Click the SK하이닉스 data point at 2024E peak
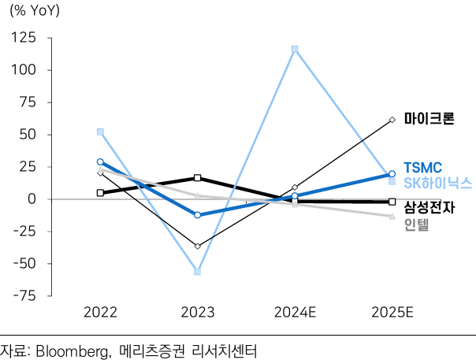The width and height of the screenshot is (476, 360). click(295, 50)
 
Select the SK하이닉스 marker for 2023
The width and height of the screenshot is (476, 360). click(197, 271)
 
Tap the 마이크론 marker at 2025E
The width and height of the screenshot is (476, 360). click(392, 120)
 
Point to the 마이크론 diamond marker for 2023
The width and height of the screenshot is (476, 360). click(197, 247)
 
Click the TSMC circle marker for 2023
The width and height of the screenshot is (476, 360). click(197, 215)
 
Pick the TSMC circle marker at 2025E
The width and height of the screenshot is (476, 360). click(392, 174)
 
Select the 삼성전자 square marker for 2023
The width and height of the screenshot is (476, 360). click(197, 178)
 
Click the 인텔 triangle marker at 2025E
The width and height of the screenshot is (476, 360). click(392, 216)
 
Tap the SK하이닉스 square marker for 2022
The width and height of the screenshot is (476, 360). click(100, 132)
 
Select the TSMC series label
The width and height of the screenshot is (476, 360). click(422, 167)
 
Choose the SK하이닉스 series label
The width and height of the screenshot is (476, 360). click(437, 183)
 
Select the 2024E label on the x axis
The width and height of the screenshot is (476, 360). click(295, 313)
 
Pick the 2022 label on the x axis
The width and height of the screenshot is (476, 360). click(100, 313)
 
